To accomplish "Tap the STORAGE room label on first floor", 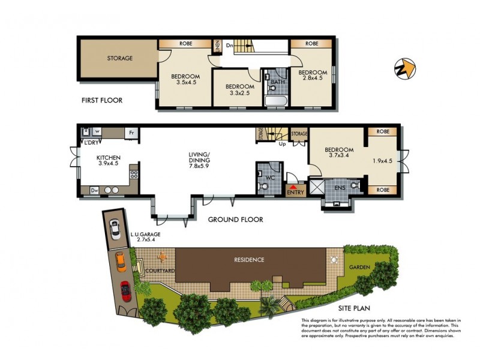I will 120,58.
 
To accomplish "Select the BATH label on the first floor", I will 277,82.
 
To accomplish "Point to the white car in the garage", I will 115,229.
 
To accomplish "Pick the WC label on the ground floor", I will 262,179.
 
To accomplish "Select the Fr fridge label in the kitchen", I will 130,132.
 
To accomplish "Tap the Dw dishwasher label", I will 94,190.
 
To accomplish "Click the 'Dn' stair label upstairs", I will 229,44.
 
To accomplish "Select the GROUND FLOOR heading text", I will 235,220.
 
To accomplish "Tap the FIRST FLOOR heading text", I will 102,100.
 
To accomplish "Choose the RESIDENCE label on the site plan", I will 249,260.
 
